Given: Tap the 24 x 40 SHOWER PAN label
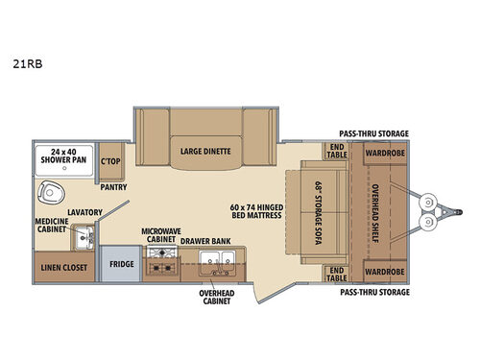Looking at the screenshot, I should click(x=62, y=156).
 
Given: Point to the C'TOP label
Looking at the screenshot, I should click(x=111, y=160).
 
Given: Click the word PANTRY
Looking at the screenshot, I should click(x=112, y=188).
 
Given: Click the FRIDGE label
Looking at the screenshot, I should click(x=121, y=262).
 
